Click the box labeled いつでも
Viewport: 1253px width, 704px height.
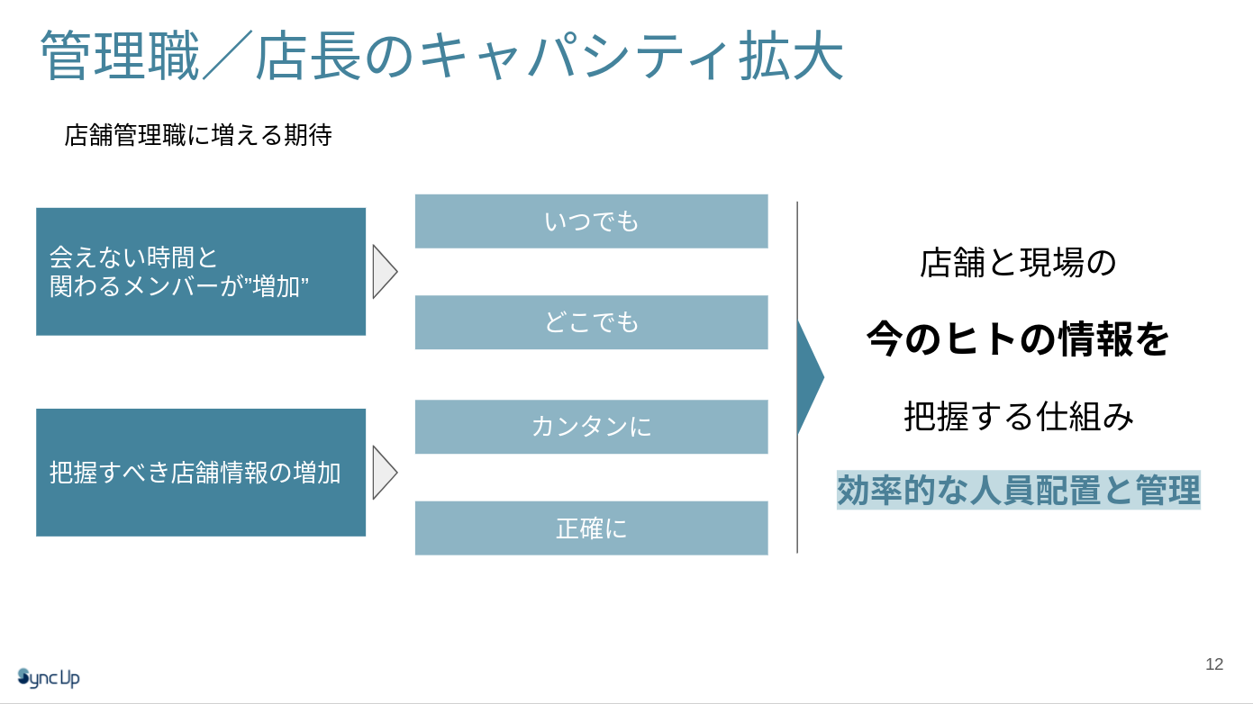[x=591, y=221]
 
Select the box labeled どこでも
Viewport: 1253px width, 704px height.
[x=591, y=322]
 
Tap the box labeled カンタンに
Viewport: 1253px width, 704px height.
[x=591, y=427]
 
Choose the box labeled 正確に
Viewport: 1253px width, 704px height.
[x=591, y=528]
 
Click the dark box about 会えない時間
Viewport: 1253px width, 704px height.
[x=200, y=272]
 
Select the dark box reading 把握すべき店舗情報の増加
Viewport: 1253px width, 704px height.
[x=200, y=473]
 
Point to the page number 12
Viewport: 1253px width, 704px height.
[x=1214, y=664]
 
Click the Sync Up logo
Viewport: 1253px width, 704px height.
[x=49, y=677]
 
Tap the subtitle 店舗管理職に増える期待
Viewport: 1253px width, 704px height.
[x=198, y=136]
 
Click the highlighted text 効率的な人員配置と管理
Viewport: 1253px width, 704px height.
[x=1018, y=492]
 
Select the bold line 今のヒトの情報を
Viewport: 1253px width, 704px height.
[x=1018, y=339]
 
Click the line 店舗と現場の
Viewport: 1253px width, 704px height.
[x=1018, y=263]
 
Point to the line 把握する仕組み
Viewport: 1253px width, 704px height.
[x=1018, y=417]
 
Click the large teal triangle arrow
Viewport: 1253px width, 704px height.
[x=808, y=376]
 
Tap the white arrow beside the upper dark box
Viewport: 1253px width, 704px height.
[x=384, y=270]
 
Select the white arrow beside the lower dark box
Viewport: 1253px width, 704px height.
[x=384, y=472]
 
